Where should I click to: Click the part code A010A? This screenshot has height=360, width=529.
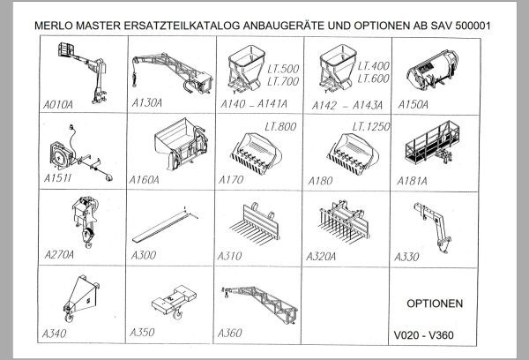pyautogui.click(x=59, y=102)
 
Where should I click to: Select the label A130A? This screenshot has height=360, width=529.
pyautogui.click(x=146, y=102)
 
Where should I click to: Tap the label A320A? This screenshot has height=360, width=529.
pyautogui.click(x=329, y=256)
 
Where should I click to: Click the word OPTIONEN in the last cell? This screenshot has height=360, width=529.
pyautogui.click(x=436, y=303)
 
